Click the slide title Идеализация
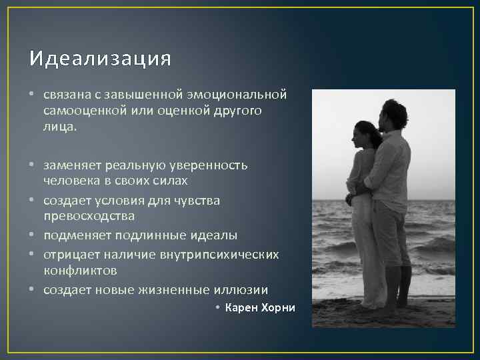[100, 59]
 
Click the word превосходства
[89, 215]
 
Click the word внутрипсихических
[227, 254]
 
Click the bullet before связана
[33, 95]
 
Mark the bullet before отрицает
[33, 255]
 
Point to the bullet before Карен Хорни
[219, 308]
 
